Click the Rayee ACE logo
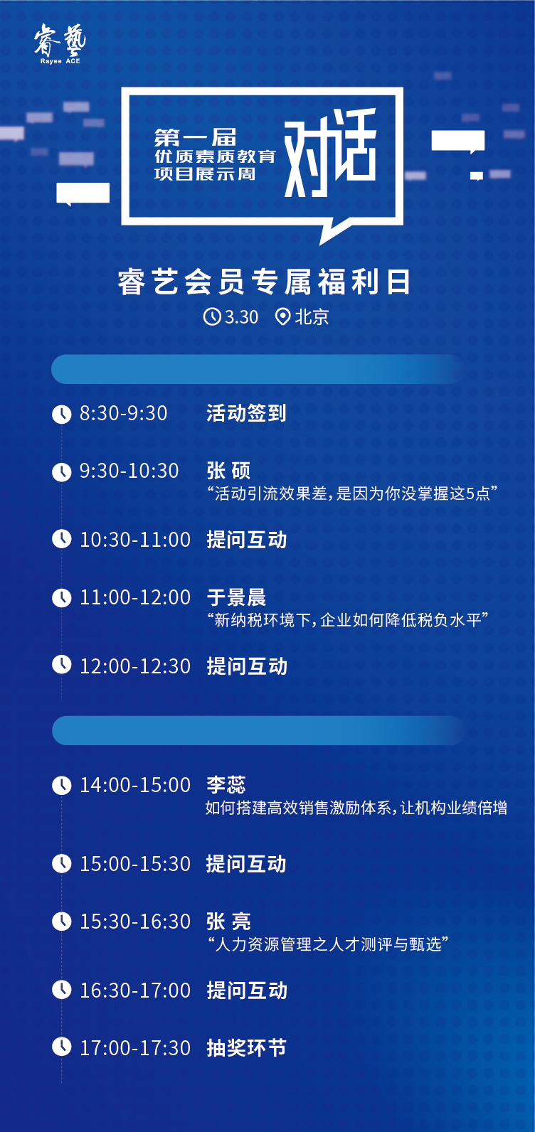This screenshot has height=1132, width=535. coord(60,44)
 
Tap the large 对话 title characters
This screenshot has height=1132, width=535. coord(330,153)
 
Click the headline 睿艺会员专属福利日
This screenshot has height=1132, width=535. coord(264,282)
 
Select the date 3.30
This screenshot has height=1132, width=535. coord(241,317)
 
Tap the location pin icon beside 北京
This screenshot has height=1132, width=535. coord(282,317)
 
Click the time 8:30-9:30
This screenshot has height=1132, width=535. coord(123,413)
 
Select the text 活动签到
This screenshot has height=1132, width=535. coord(246,413)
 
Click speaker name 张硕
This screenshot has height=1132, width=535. coord(228,471)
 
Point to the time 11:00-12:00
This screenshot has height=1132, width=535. coord(135,597)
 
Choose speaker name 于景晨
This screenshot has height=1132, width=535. coord(236,597)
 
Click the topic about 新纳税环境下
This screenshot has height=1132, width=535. coord(348,620)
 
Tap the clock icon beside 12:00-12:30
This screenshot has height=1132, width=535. coord(62,665)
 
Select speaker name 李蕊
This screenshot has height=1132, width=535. coord(226,785)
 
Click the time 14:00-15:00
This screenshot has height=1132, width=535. coord(135,785)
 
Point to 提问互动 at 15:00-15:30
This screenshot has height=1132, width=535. coord(246,864)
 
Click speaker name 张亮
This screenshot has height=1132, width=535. coord(228,922)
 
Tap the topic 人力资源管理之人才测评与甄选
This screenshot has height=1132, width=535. coord(328,944)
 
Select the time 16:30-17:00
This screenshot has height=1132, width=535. coord(135,990)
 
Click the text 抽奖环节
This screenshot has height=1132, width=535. coord(246,1048)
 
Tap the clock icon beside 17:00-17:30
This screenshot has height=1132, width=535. coord(62,1047)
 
